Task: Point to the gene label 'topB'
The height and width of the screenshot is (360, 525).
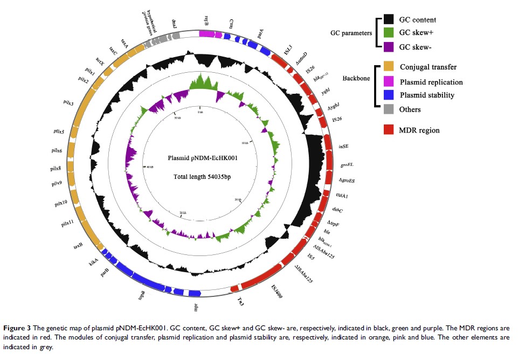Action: click(x=142, y=295)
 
